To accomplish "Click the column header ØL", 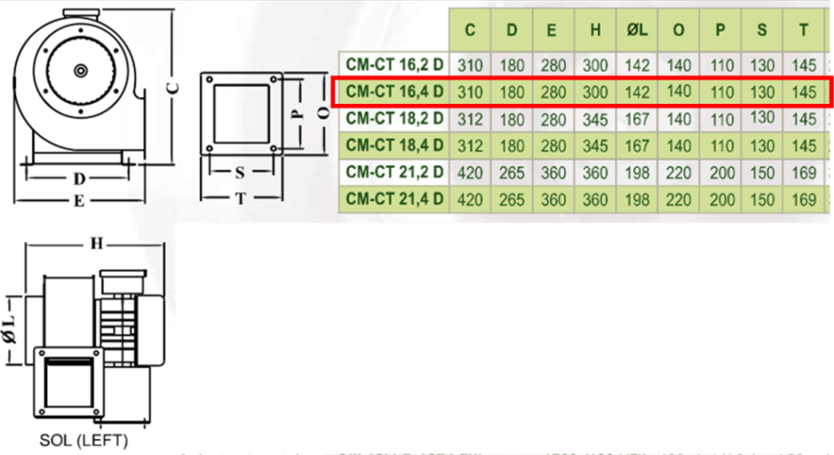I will click(637, 31).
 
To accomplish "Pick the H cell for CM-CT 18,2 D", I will click(595, 119).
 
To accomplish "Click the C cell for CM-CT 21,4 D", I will click(470, 199).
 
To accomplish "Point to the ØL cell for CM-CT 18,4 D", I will click(637, 146).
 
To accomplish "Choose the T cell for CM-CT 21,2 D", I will click(805, 172).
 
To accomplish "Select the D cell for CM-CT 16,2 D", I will click(512, 65).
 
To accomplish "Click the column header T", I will click(805, 31).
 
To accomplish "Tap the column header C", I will click(470, 31).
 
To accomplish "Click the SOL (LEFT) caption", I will click(83, 440).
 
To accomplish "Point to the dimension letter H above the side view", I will click(96, 244).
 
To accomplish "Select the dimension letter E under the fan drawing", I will click(79, 201).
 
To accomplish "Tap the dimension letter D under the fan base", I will click(79, 179).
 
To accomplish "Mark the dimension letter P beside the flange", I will click(295, 113).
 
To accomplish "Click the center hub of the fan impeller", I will click(80, 71).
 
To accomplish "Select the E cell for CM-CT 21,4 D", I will click(554, 199).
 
